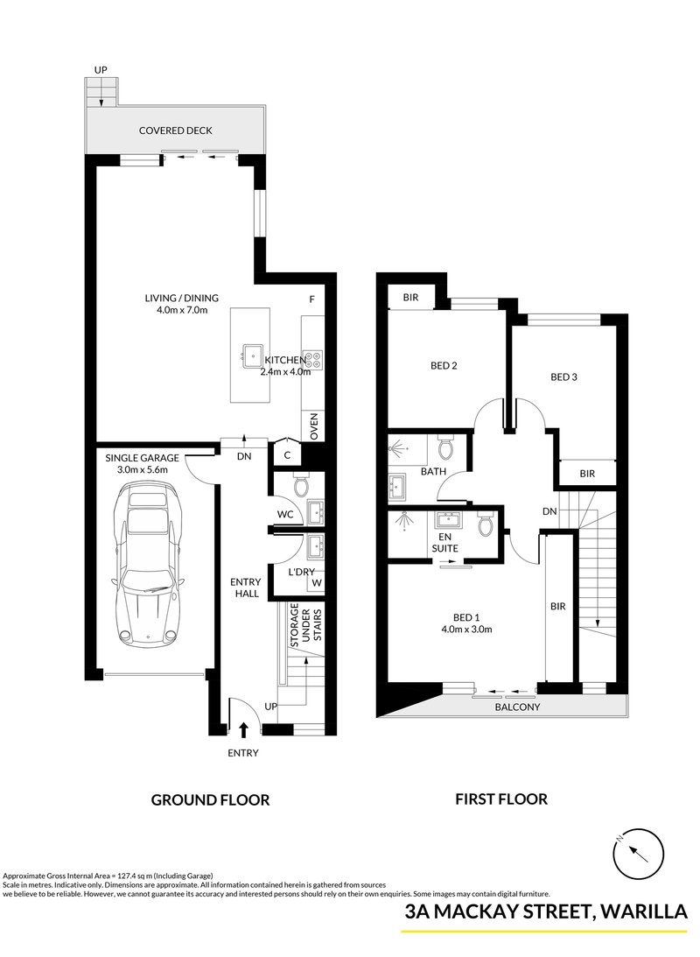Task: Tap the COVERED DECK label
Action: coord(176,130)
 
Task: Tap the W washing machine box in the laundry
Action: coord(316,581)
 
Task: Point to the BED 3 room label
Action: coord(564,377)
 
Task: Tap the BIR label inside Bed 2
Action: coord(410,298)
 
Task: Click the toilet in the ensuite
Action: coord(485,525)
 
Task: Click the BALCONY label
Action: coord(515,707)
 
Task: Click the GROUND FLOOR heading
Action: coord(210,799)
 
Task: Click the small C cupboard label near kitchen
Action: coord(287,455)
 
